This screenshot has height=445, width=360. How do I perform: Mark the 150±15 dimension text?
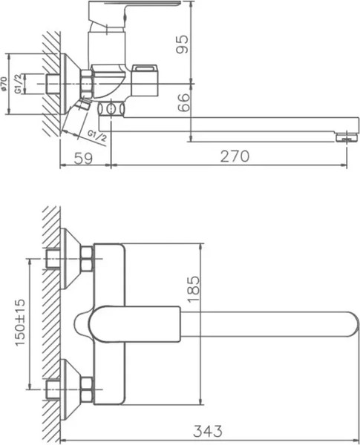pos(19,323)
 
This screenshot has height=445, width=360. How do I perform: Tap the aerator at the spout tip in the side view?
pos(342,137)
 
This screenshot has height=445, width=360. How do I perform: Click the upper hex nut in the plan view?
pos(86,260)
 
